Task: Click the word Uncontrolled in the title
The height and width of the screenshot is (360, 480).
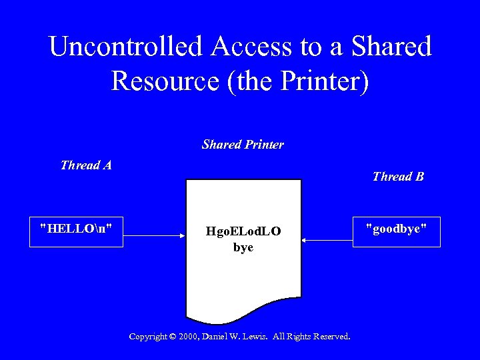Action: (125, 47)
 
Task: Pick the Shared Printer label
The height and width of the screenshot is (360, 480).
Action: (243, 145)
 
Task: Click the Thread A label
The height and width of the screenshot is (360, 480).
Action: (85, 165)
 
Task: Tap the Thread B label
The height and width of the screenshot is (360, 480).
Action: (398, 177)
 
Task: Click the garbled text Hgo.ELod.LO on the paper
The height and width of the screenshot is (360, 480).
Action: (243, 232)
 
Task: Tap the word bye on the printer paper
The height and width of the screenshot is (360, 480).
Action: (243, 248)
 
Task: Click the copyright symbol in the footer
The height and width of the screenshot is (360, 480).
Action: (172, 337)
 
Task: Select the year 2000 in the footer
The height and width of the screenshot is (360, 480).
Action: (190, 337)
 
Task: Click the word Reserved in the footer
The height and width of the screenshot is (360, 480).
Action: (331, 337)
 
